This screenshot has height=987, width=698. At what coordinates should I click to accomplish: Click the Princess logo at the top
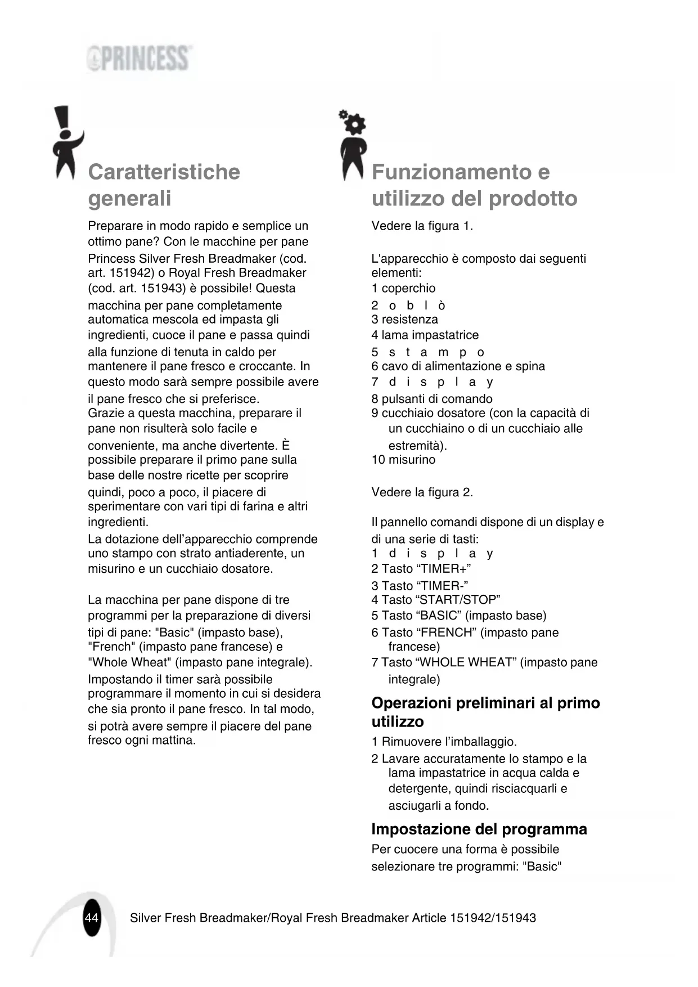(x=139, y=59)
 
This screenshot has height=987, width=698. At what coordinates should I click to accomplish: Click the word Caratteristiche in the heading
(x=164, y=172)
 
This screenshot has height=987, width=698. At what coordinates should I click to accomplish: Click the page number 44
(x=91, y=918)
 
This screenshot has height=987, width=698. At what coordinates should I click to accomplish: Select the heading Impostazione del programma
(x=479, y=829)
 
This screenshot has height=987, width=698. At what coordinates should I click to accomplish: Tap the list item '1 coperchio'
(x=403, y=288)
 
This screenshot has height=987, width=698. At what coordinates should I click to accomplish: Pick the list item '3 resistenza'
(x=404, y=319)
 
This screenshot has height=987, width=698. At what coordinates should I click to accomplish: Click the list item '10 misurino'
(x=403, y=460)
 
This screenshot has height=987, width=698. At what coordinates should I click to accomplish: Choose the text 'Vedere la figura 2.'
(x=422, y=492)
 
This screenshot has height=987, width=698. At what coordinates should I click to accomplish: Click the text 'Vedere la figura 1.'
(x=422, y=226)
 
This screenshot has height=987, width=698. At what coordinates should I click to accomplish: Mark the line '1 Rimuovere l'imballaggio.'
(x=444, y=742)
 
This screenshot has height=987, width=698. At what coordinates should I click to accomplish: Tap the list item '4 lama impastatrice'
(x=425, y=335)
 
